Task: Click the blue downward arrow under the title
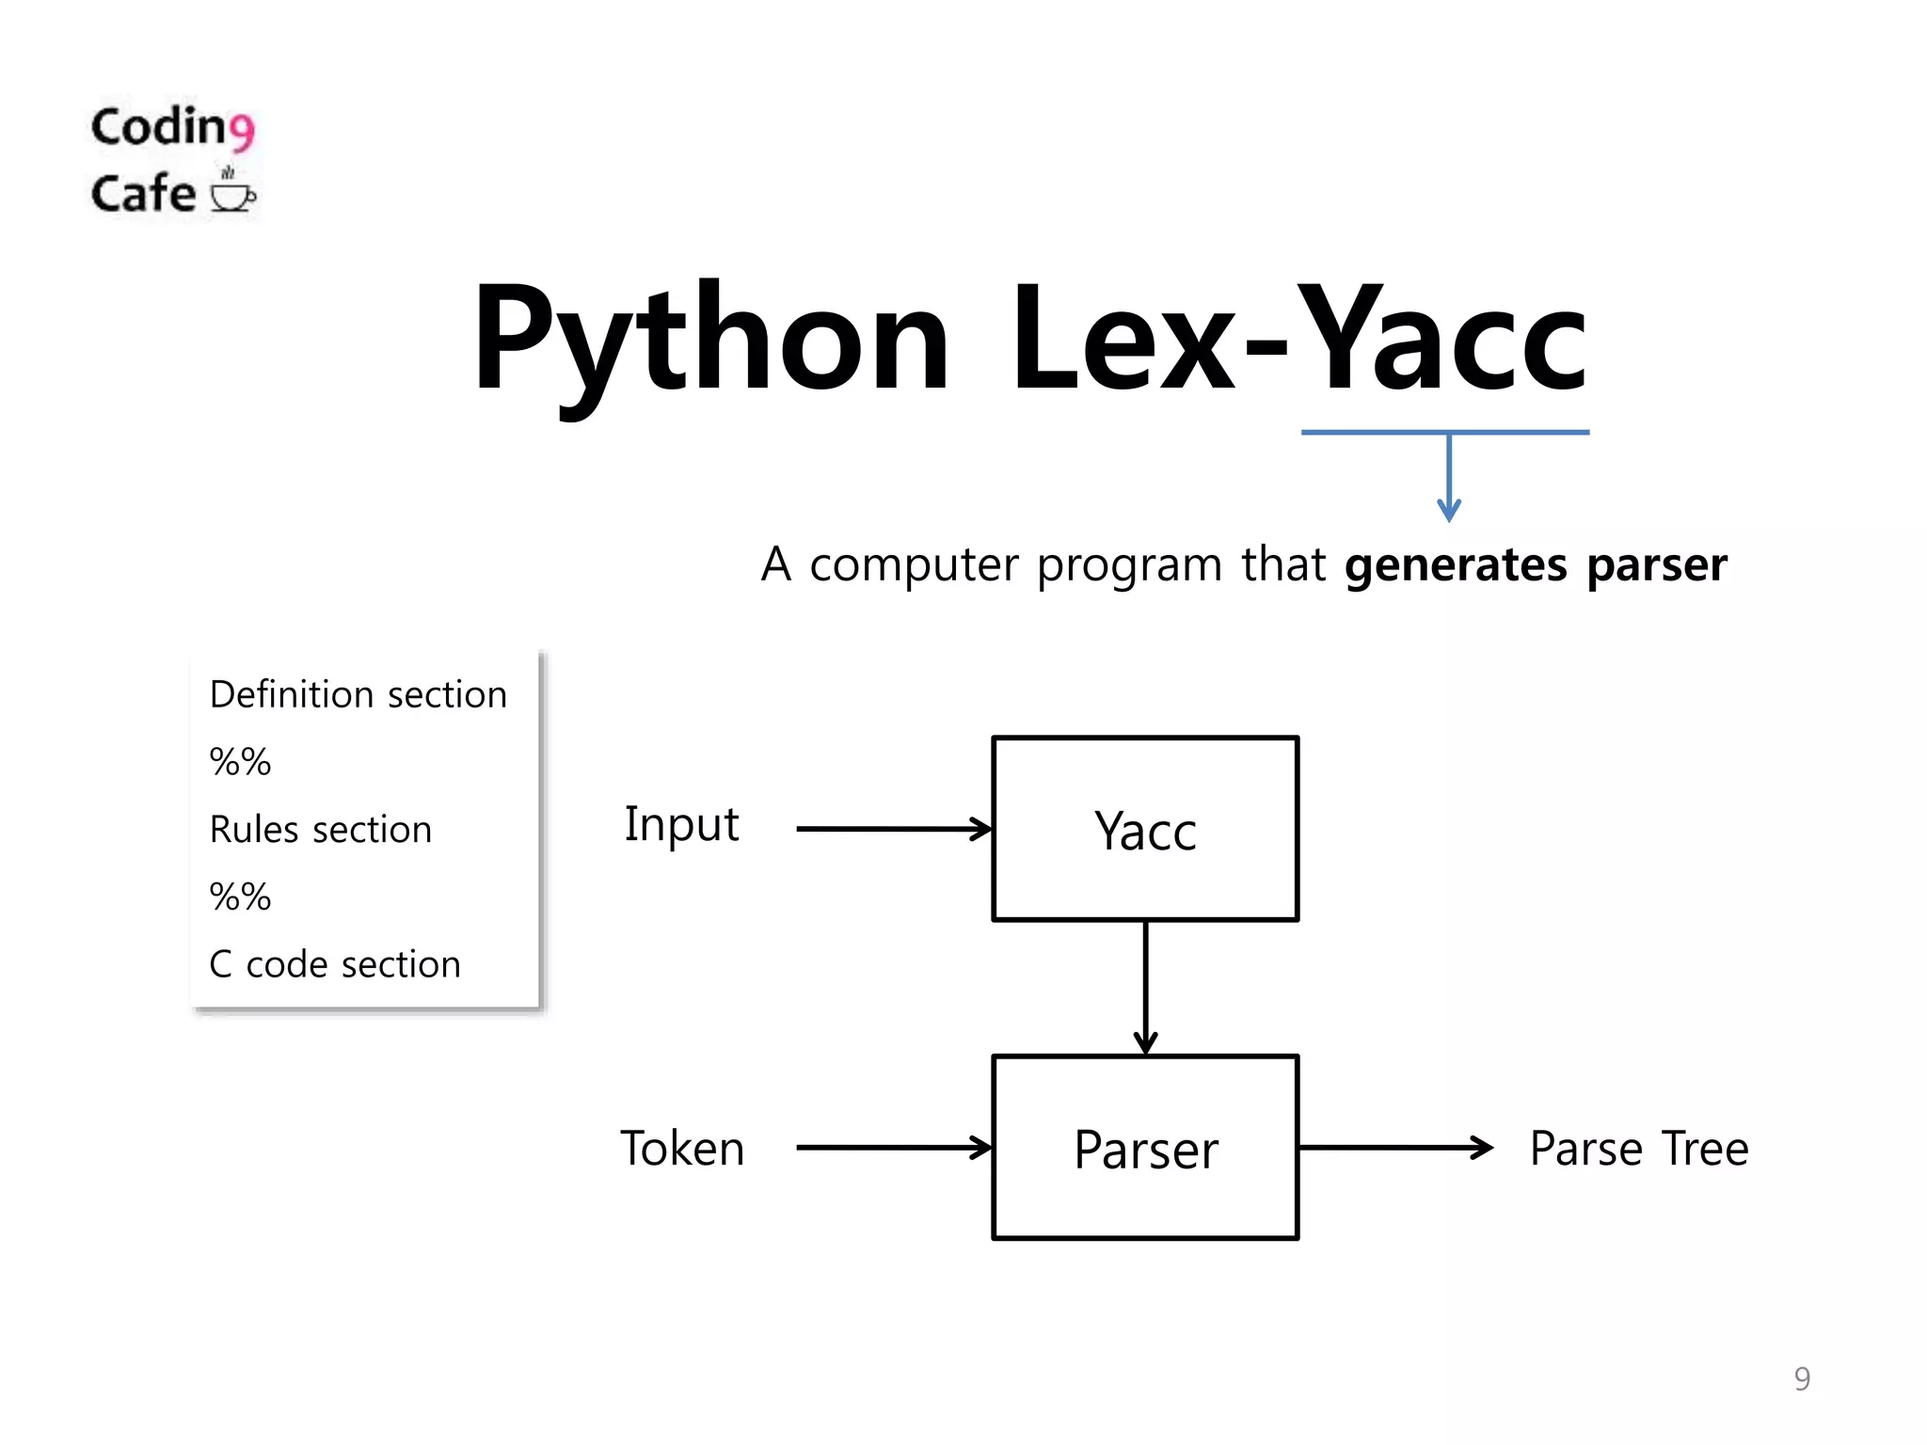pyautogui.click(x=1449, y=480)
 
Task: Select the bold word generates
pyautogui.click(x=1456, y=564)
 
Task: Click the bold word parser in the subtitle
pyautogui.click(x=1657, y=564)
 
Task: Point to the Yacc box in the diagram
pyautogui.click(x=1145, y=829)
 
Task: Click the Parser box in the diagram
pyautogui.click(x=1145, y=1148)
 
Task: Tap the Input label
pyautogui.click(x=681, y=825)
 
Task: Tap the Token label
pyautogui.click(x=681, y=1148)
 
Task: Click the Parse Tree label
pyautogui.click(x=1638, y=1148)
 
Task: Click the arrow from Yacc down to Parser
pyautogui.click(x=1145, y=988)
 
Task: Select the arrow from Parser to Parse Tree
pyautogui.click(x=1394, y=1147)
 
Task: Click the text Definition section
pyautogui.click(x=358, y=694)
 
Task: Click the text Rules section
pyautogui.click(x=320, y=830)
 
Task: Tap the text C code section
pyautogui.click(x=334, y=964)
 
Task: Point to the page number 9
pyautogui.click(x=1801, y=1378)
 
